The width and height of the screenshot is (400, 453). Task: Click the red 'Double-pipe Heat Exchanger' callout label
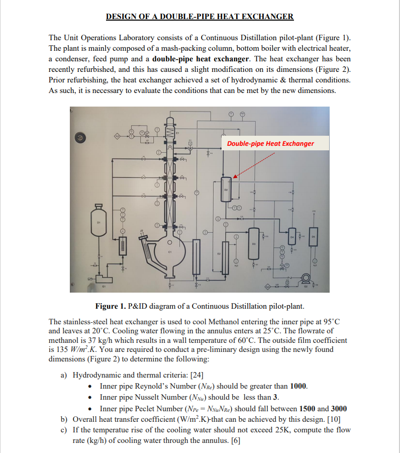pyautogui.click(x=270, y=143)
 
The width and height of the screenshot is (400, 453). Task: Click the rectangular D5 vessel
pyautogui.click(x=314, y=236)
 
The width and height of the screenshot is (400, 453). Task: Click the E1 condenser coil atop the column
pyautogui.click(x=168, y=134)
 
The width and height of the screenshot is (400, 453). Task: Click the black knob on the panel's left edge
pyautogui.click(x=79, y=136)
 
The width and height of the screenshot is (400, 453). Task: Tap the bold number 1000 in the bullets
pyautogui.click(x=298, y=386)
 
